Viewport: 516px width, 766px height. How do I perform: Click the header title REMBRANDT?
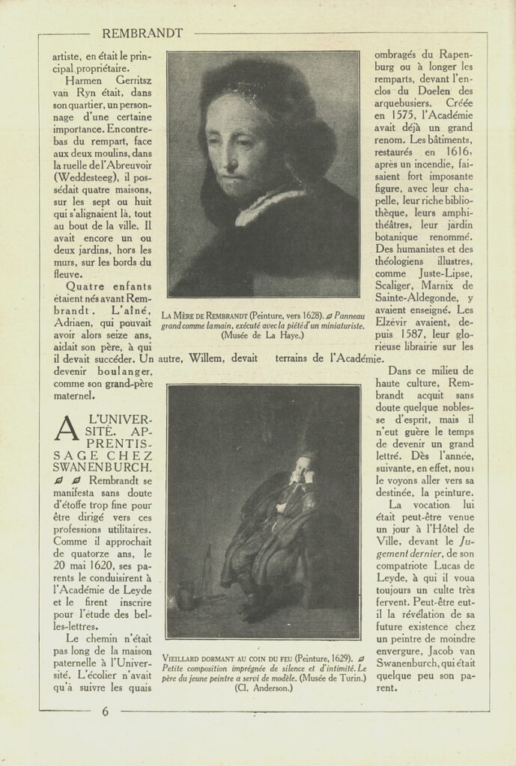pyautogui.click(x=142, y=33)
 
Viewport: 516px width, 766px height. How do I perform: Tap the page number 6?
pyautogui.click(x=105, y=711)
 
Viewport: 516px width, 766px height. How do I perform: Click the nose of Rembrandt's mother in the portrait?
pyautogui.click(x=231, y=160)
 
